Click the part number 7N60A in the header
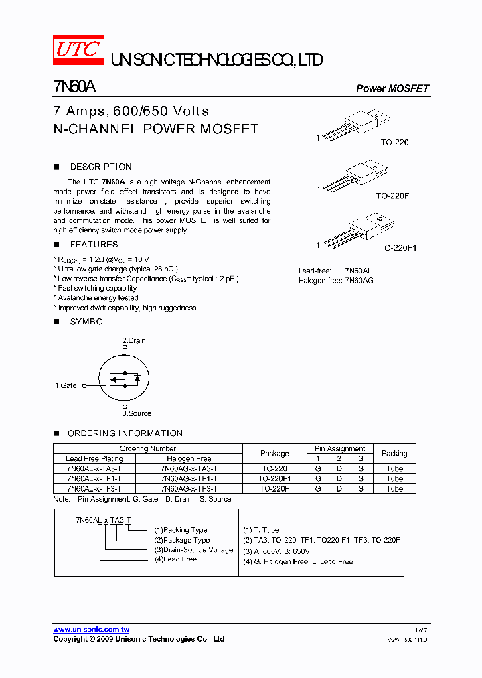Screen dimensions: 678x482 75,87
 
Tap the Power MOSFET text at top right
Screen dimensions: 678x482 392,88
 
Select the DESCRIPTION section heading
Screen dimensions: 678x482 100,167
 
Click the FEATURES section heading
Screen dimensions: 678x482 94,245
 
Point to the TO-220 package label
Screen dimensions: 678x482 394,143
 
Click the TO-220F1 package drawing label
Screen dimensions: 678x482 398,248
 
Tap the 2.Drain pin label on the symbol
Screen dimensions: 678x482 134,340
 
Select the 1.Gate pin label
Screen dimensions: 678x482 66,385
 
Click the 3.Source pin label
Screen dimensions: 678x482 137,413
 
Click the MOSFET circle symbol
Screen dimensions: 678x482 123,377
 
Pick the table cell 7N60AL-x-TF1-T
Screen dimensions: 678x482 94,479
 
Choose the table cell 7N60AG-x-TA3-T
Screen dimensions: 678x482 189,469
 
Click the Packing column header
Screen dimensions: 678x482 394,454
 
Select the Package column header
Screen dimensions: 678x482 274,454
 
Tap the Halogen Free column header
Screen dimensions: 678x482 189,459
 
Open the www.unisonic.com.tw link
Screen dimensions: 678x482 91,630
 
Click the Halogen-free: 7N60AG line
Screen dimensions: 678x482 335,280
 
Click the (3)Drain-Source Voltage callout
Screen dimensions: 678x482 193,550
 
